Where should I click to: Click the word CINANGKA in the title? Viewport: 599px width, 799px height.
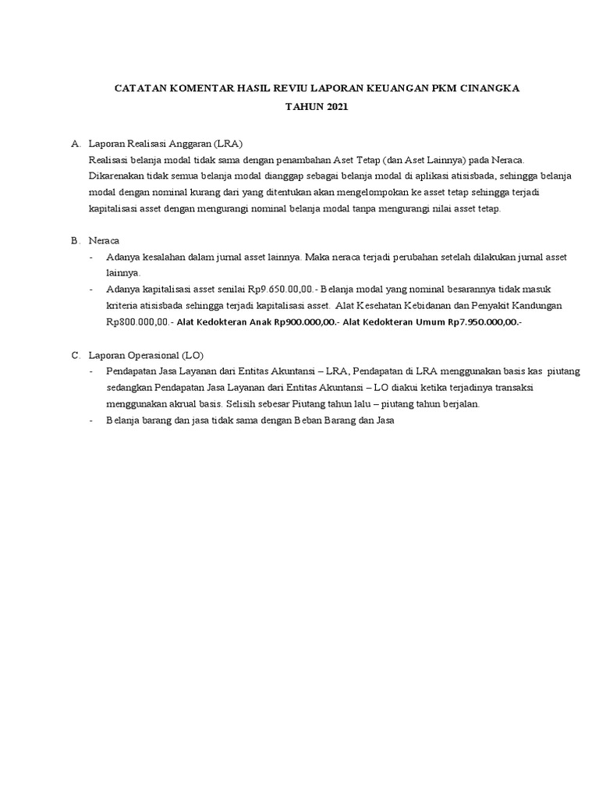(486, 89)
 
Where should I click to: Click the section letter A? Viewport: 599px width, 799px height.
(75, 144)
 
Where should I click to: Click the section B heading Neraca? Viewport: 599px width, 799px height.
(105, 240)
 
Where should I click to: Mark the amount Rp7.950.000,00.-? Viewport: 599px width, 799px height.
(485, 321)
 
